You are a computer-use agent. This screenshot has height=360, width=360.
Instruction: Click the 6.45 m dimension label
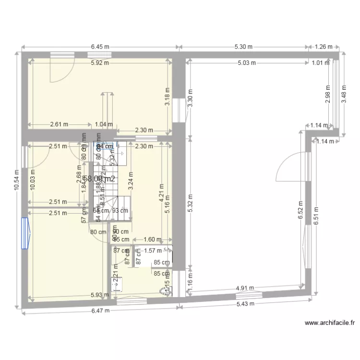pos(100,47)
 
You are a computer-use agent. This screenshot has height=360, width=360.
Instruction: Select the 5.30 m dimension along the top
pos(243,47)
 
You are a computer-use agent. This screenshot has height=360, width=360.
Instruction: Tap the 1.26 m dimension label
pos(323,47)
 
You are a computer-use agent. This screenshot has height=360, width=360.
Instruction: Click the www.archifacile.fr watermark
pos(330,324)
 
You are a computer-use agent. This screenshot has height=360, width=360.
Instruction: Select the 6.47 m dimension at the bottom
pos(100,310)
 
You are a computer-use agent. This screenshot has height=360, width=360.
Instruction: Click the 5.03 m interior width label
pos(247,62)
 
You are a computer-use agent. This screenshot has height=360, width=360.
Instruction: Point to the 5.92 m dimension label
pos(100,62)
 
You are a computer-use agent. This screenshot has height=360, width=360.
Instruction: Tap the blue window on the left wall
pos(24,233)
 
